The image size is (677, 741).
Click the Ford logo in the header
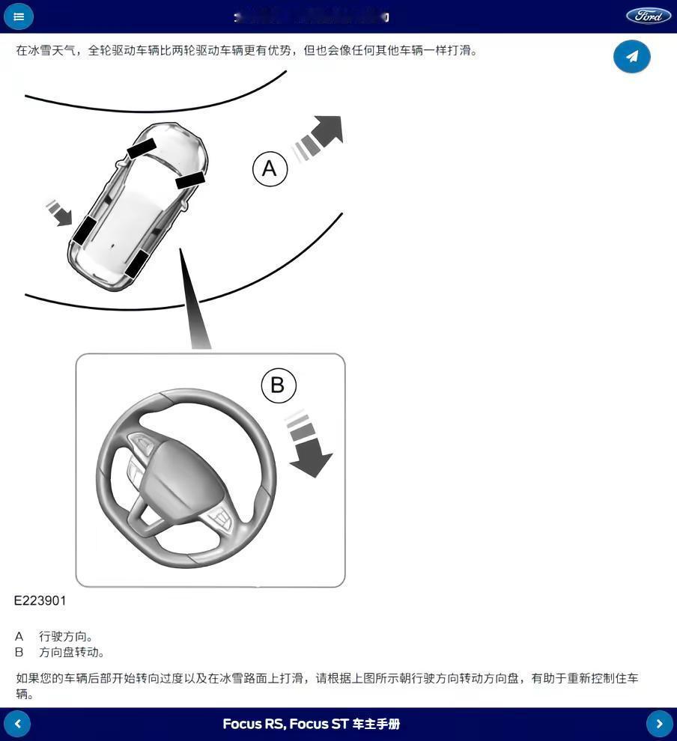pos(648,16)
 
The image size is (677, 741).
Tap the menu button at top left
pos(19,16)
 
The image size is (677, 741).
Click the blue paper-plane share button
pos(631,56)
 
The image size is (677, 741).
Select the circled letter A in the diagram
pos(270,168)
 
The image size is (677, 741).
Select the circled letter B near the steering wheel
pos(279,385)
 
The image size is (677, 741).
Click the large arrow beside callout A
pos(320,136)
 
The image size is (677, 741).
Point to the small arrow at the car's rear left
pos(59,213)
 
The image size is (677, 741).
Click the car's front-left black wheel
pos(142,148)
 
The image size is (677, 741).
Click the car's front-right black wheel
pos(190,180)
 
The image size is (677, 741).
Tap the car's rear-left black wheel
pos(84,229)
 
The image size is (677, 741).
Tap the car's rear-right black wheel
pos(136,263)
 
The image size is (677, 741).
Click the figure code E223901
pos(40,600)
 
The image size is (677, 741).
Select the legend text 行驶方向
pos(66,636)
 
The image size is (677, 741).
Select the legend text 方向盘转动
pos(72,652)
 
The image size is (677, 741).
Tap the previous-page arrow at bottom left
pos(17,724)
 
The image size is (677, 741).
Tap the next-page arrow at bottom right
pos(659,724)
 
